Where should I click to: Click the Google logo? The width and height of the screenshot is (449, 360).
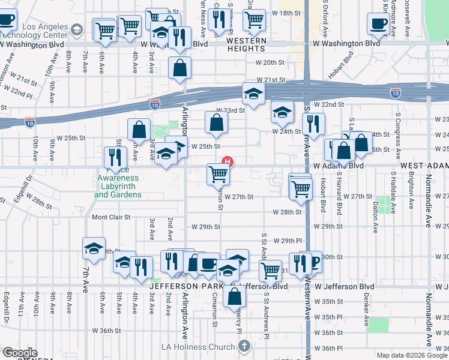click(20, 353)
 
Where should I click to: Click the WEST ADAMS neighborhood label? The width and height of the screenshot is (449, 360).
click(424, 165)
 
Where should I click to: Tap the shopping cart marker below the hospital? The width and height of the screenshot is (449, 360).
click(218, 174)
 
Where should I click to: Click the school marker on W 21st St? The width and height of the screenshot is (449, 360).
click(254, 94)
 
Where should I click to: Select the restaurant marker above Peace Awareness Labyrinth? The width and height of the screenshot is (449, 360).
click(115, 157)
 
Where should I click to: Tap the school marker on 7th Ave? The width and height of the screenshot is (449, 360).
click(94, 248)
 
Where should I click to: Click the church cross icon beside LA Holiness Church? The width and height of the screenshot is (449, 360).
click(244, 346)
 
